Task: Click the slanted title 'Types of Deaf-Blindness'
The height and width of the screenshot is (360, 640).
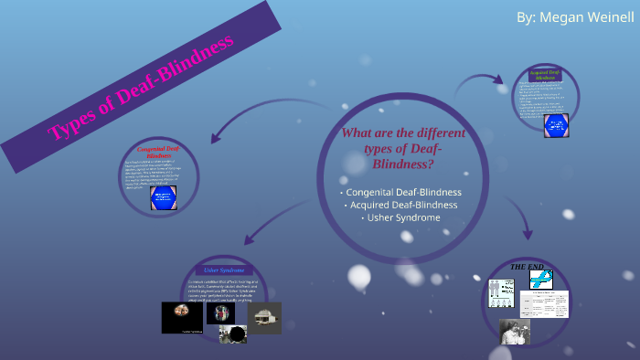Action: click(142, 87)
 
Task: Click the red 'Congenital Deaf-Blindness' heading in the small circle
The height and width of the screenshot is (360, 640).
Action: click(157, 152)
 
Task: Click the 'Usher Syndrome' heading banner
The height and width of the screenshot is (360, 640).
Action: click(223, 270)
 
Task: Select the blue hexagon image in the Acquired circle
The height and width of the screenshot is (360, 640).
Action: click(556, 124)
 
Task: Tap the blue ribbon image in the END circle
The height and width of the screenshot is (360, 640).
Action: click(541, 280)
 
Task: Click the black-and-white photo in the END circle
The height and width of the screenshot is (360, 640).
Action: click(515, 331)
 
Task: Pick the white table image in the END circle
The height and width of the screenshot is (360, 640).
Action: click(545, 303)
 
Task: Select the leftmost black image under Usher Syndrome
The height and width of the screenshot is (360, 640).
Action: click(182, 317)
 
